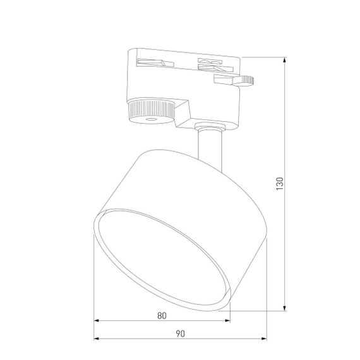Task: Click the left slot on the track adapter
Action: tap(153, 62)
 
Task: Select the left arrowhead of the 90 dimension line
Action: tap(97, 339)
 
